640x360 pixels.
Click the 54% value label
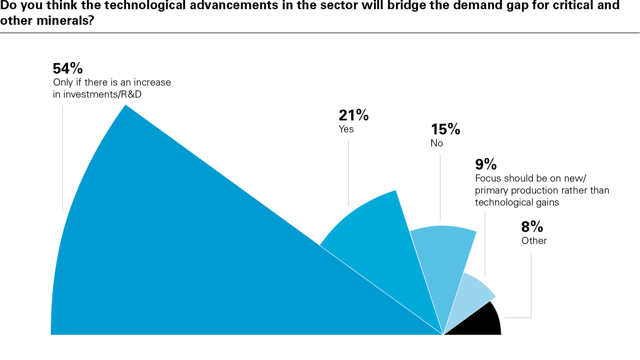(68, 68)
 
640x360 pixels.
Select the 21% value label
(354, 115)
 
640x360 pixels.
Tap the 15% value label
(445, 129)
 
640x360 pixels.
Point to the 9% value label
(486, 164)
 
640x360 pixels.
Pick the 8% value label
(532, 227)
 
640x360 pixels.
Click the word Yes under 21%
(346, 129)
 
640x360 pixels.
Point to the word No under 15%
(436, 143)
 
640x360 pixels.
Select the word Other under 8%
(534, 241)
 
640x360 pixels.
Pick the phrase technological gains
(517, 202)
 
